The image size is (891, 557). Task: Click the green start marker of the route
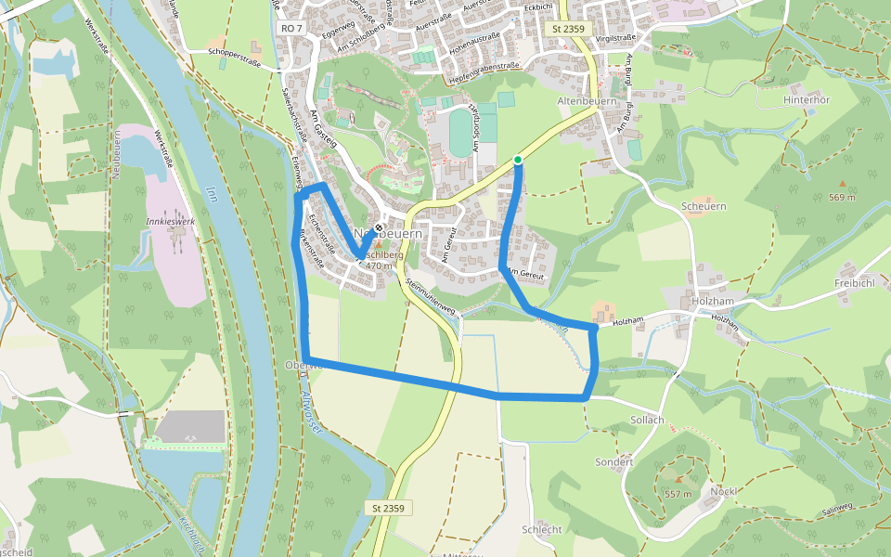(x=518, y=161)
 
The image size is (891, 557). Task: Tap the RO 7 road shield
(x=291, y=29)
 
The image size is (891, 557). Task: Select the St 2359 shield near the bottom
(x=389, y=508)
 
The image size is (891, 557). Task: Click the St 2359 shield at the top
(x=568, y=29)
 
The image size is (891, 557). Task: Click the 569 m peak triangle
(x=843, y=184)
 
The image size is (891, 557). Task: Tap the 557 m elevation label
(x=678, y=494)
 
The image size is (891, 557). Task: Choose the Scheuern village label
(x=703, y=206)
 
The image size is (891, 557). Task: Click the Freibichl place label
(x=855, y=282)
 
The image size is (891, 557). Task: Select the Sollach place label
(x=647, y=420)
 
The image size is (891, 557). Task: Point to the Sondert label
(x=614, y=461)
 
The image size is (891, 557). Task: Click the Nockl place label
(x=723, y=491)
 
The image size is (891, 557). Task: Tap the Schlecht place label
(x=542, y=529)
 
